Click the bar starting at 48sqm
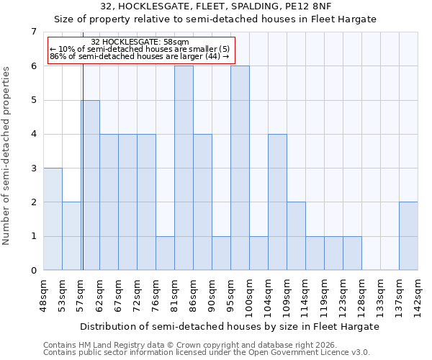(x=53, y=219)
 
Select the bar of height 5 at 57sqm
(x=90, y=185)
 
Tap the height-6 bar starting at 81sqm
(x=184, y=168)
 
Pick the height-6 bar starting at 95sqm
(x=240, y=168)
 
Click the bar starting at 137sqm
(x=408, y=236)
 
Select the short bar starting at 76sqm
(x=165, y=253)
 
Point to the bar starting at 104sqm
(x=277, y=202)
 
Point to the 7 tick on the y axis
(x=33, y=32)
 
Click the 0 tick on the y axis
(x=33, y=271)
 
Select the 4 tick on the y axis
(x=33, y=134)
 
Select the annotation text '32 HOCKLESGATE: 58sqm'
(x=140, y=42)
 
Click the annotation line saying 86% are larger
(x=139, y=57)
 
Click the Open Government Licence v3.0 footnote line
(x=206, y=353)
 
